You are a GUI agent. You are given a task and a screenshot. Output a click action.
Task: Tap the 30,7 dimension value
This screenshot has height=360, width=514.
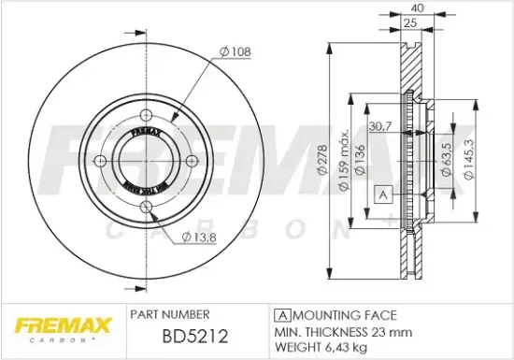coord(379,126)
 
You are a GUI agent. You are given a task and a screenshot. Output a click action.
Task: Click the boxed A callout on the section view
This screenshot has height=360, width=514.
coord(383,194)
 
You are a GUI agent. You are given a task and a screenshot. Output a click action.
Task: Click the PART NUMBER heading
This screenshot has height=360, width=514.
coord(169,314)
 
